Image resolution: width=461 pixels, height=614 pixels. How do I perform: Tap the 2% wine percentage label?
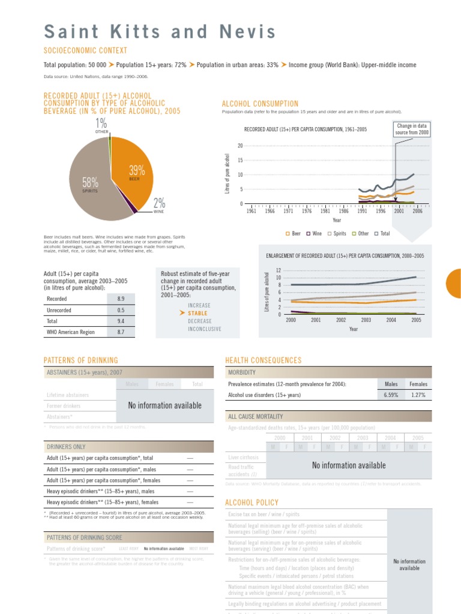(x=159, y=203)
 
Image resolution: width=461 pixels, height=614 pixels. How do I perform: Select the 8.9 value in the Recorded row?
(x=121, y=298)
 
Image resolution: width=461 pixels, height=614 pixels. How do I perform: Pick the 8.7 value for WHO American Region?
(x=121, y=332)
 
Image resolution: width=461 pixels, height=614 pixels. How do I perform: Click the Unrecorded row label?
(x=59, y=309)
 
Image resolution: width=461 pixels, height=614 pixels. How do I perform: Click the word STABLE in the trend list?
(x=197, y=313)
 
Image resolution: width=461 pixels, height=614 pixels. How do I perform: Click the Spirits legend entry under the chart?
(x=336, y=233)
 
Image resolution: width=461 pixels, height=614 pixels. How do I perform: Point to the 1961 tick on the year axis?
(x=252, y=211)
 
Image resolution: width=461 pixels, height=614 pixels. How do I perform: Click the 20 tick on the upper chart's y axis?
(x=240, y=146)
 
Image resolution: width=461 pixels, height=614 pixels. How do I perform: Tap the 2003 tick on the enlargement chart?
(x=366, y=320)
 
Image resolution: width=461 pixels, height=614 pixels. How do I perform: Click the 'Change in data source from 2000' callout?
(x=412, y=129)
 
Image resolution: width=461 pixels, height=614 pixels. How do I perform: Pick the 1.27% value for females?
(x=418, y=395)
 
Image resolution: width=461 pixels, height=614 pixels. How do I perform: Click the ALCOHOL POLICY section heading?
(x=251, y=502)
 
